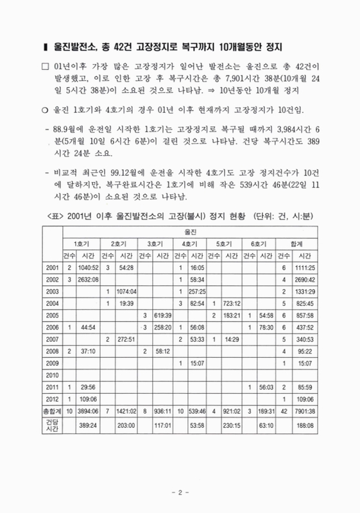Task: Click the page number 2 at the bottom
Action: click(180, 492)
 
